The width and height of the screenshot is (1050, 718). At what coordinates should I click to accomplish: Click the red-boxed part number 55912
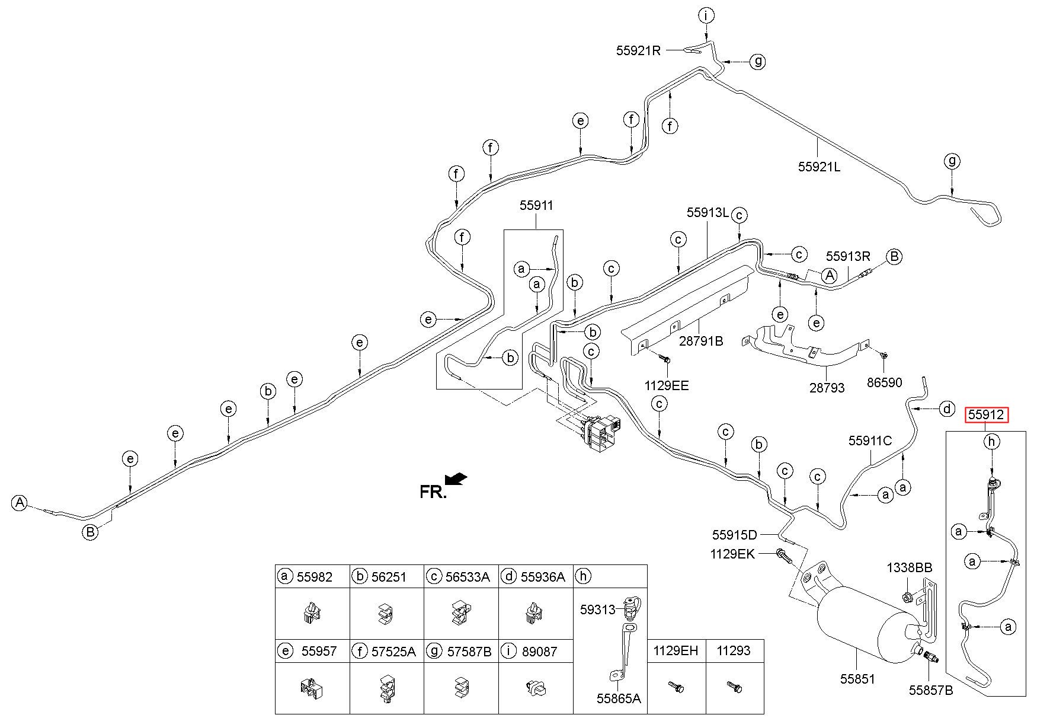click(986, 415)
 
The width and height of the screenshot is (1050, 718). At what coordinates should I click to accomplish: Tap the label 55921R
click(638, 50)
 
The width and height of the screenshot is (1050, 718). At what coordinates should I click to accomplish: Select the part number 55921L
click(819, 167)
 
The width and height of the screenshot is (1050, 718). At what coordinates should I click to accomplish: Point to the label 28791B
click(701, 342)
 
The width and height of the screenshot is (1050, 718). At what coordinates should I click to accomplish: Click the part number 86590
click(885, 382)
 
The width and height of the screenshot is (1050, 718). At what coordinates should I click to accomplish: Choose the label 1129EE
click(667, 386)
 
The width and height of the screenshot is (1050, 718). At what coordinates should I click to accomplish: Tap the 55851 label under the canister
click(857, 679)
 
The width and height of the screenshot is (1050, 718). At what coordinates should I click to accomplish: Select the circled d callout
click(947, 409)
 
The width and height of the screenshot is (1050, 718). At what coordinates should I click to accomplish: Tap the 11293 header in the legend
click(734, 651)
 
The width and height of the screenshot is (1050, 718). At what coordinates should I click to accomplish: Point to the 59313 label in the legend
click(597, 609)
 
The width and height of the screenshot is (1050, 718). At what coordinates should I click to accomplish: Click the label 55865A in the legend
click(619, 698)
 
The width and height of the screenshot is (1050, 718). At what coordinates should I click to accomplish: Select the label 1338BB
click(910, 567)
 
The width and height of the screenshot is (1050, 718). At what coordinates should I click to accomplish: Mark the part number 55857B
click(931, 690)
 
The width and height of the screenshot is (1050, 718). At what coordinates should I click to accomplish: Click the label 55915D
click(735, 535)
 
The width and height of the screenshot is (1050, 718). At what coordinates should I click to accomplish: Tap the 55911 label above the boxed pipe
click(536, 206)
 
